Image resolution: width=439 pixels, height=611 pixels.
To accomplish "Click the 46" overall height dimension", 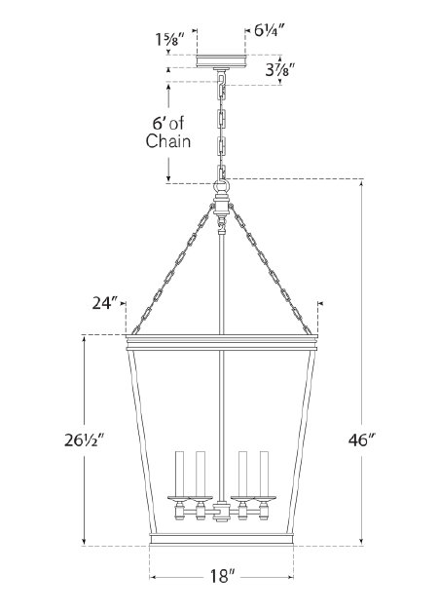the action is [358, 439].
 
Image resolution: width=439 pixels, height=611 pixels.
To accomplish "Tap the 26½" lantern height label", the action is [83, 440].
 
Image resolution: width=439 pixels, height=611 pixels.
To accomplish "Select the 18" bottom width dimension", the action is [222, 576].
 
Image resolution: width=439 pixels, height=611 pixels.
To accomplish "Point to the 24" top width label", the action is [104, 303].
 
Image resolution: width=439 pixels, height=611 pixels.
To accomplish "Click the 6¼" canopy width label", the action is [271, 30].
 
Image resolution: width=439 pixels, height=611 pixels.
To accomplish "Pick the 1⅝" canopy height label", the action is [167, 39].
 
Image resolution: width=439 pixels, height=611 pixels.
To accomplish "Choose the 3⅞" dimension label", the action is [279, 70].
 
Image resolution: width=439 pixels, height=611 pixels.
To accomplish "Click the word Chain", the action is [168, 140].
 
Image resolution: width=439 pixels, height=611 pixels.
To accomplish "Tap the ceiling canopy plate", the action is [221, 61].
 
